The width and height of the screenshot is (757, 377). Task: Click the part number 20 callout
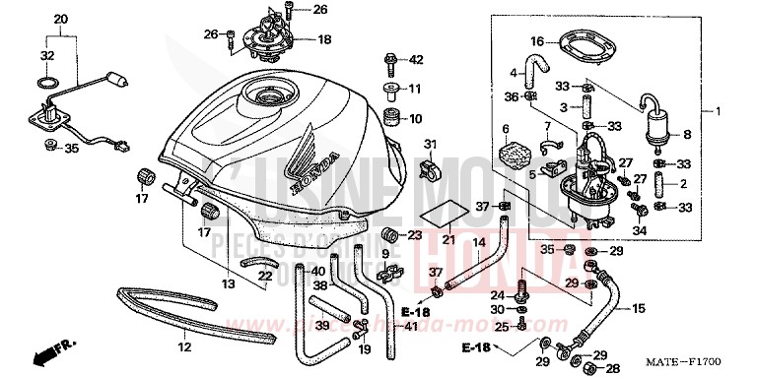pos(61,20)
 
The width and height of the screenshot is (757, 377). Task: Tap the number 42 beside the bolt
pos(415,60)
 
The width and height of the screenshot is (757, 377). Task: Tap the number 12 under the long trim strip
pos(183,347)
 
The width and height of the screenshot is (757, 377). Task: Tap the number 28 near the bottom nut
pos(610,367)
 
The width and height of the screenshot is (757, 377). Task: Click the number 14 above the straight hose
pos(478,241)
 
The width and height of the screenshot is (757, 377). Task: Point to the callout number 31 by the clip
pos(429,146)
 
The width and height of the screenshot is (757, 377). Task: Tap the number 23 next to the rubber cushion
pos(414,235)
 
